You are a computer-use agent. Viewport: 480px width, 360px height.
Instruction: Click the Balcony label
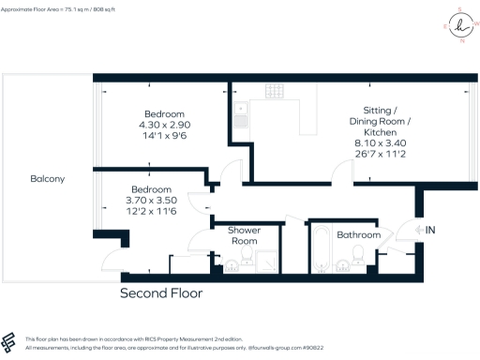[x=48, y=178]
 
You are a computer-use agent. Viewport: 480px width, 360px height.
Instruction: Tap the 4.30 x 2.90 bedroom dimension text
[x=164, y=125]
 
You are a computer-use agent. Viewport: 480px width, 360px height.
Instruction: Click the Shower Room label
[x=244, y=235]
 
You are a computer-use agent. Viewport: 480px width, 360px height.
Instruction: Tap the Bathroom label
[x=358, y=234]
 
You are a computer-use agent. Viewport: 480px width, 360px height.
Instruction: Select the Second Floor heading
[x=160, y=292]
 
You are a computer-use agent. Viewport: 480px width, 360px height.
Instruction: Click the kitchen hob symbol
[x=275, y=91]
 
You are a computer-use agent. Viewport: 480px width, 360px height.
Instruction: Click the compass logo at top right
[x=459, y=28]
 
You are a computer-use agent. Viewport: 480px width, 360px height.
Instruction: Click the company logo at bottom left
[x=11, y=342]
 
